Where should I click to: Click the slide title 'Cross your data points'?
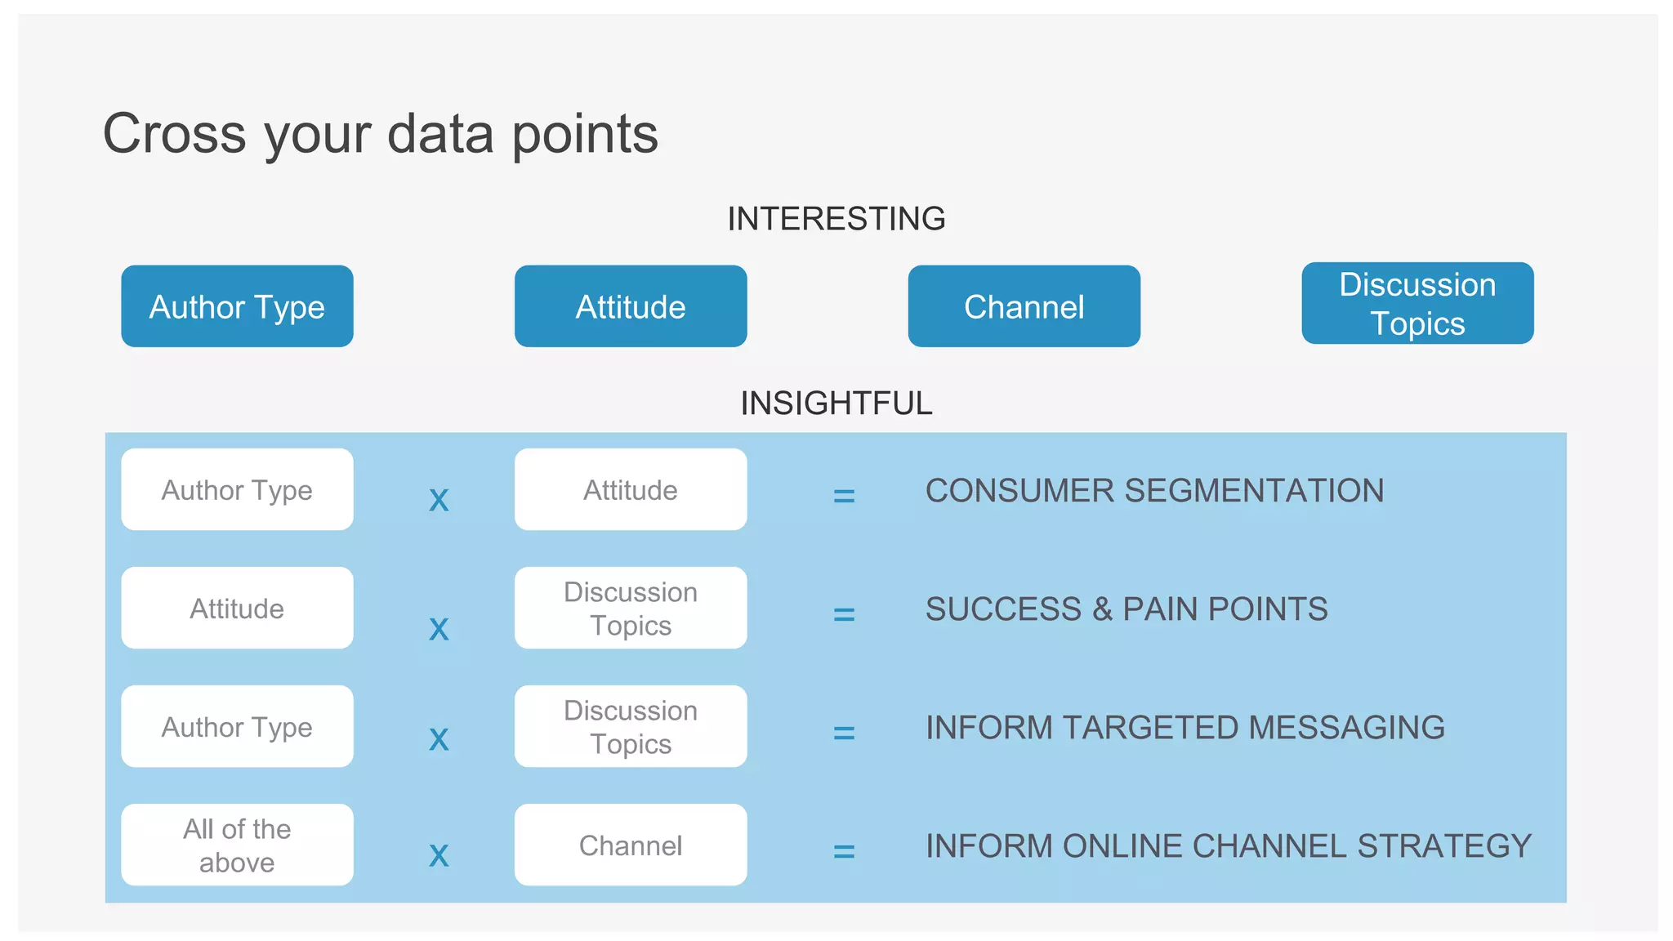click(x=380, y=133)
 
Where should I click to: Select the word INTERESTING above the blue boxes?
click(x=836, y=219)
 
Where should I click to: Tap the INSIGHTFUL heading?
click(x=836, y=403)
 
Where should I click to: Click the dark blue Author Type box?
click(x=237, y=306)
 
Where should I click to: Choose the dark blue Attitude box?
click(x=631, y=306)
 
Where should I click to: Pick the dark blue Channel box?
click(x=1024, y=306)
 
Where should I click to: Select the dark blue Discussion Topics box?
click(x=1417, y=303)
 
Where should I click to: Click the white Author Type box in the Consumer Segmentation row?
click(x=237, y=489)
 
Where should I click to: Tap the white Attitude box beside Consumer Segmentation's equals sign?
click(x=631, y=489)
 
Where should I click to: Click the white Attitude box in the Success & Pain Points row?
click(x=237, y=608)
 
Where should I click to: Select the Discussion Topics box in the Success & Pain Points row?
click(x=631, y=608)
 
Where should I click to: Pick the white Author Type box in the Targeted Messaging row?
click(x=237, y=726)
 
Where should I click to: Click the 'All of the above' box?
click(x=237, y=845)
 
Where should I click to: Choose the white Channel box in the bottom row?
click(x=631, y=845)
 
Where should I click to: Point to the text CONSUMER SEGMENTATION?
click(x=1154, y=490)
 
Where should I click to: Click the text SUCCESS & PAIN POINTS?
click(x=1126, y=609)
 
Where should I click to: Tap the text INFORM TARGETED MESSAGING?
click(x=1184, y=727)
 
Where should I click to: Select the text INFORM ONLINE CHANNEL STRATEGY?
click(x=1228, y=845)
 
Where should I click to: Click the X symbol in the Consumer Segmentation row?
click(x=439, y=500)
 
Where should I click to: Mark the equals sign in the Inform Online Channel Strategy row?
click(x=844, y=852)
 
